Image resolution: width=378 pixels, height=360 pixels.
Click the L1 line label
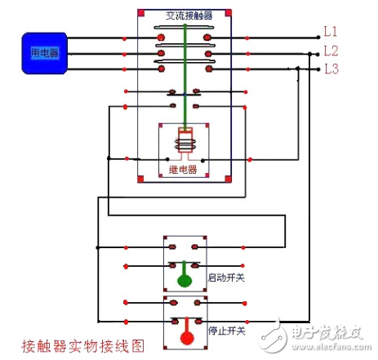[x=331, y=32]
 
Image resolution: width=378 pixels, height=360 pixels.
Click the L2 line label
[x=331, y=51]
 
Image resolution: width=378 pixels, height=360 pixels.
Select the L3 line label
[x=331, y=69]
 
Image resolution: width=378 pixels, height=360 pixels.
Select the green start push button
[x=185, y=280]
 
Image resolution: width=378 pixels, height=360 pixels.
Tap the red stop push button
[x=185, y=335]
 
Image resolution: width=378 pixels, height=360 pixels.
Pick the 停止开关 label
[x=226, y=331]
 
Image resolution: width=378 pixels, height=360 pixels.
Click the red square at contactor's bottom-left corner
[x=140, y=178]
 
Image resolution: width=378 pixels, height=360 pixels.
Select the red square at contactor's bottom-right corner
[x=229, y=178]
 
